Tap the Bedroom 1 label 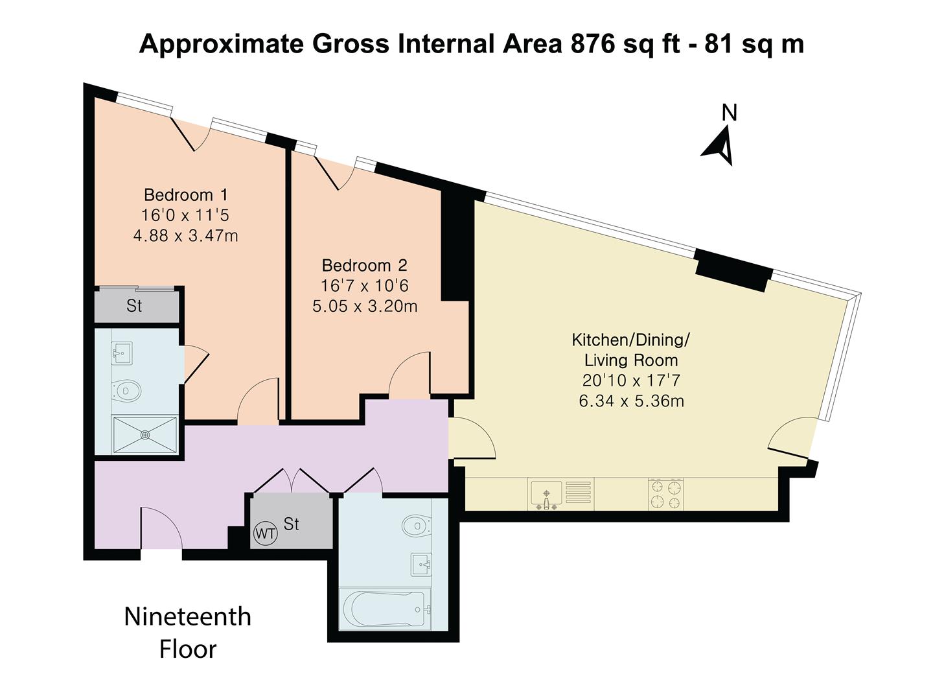[x=186, y=195]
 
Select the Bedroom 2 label [x=365, y=266]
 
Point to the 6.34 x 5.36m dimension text [x=631, y=401]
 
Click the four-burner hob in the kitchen [x=666, y=495]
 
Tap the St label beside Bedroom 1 [x=134, y=306]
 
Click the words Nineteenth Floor [x=187, y=633]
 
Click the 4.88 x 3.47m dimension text [x=186, y=236]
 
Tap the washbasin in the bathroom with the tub [x=421, y=565]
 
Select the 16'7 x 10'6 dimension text [x=365, y=286]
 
